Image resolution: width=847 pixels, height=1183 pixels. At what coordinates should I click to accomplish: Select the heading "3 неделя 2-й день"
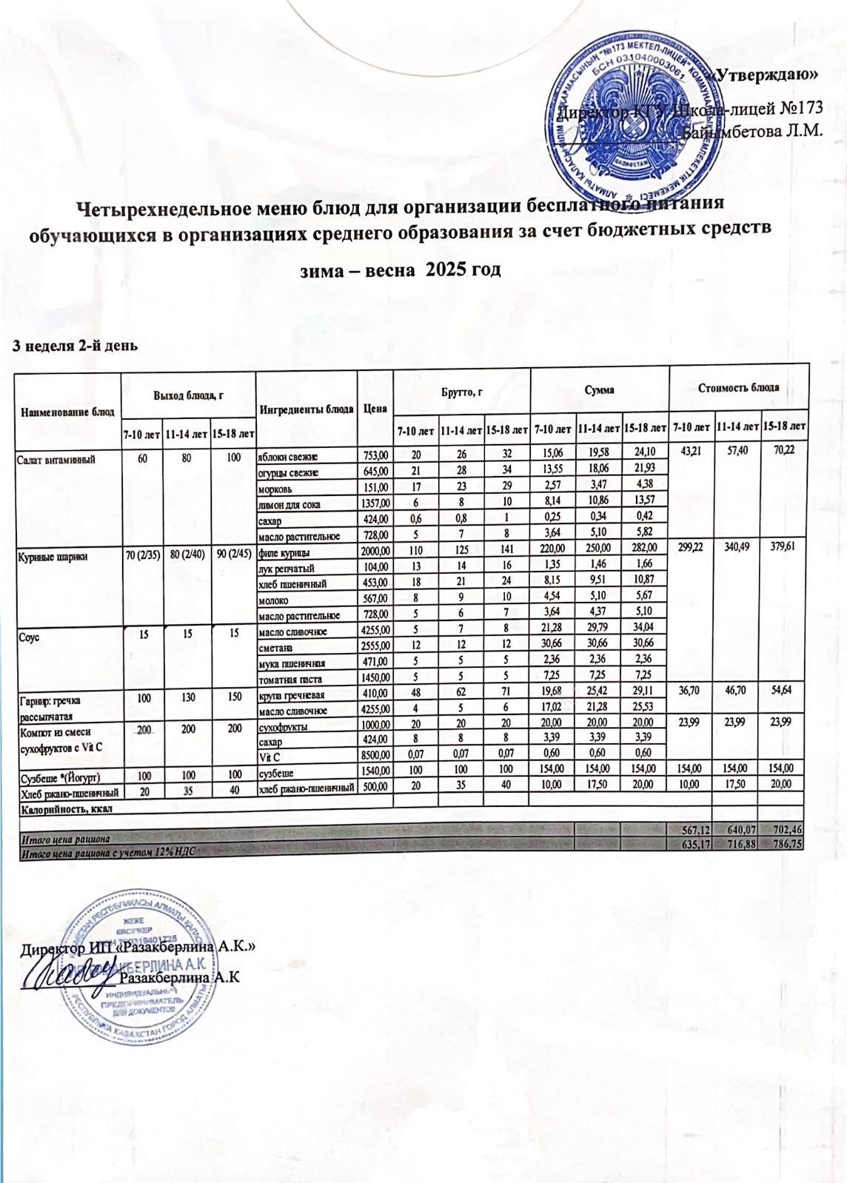[x=74, y=345]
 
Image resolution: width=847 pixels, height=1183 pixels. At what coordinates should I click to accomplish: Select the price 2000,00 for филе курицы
[x=375, y=552]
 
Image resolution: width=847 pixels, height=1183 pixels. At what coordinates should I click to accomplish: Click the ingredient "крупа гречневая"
[x=291, y=695]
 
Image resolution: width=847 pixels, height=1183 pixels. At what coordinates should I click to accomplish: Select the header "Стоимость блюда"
[x=737, y=388]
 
